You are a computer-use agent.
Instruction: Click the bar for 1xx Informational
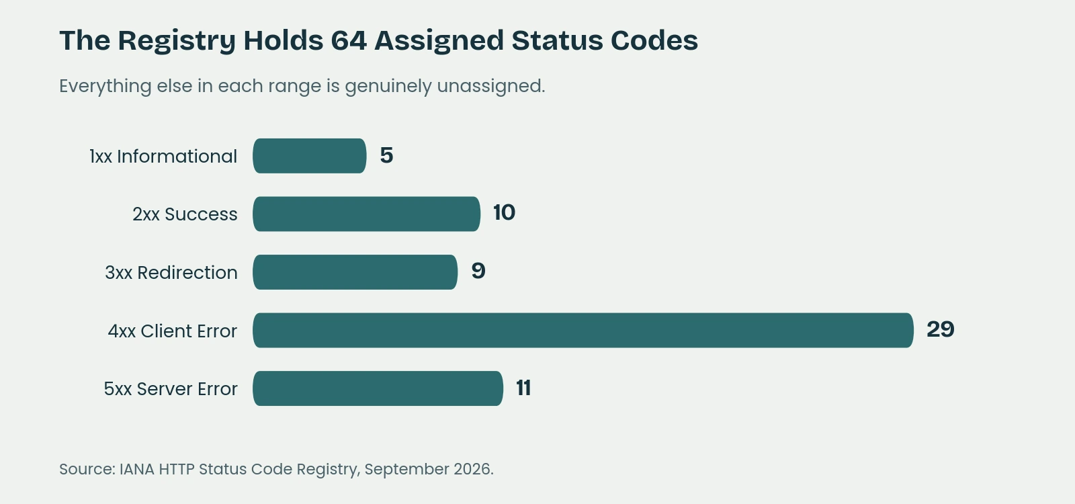click(310, 156)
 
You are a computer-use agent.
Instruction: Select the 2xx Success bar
click(367, 214)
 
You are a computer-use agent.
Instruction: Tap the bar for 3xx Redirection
click(355, 272)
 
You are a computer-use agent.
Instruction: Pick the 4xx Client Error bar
click(583, 330)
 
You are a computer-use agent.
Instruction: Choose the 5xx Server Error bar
click(378, 388)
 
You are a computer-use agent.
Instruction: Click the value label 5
click(386, 155)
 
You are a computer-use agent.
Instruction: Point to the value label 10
click(504, 212)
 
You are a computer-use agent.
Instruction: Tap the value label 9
click(478, 271)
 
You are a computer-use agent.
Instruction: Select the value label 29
click(940, 329)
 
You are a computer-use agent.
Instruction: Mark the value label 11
click(523, 388)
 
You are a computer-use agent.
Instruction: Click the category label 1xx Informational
click(163, 157)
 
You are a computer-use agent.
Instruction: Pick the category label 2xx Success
click(185, 214)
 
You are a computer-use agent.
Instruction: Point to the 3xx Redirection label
click(171, 273)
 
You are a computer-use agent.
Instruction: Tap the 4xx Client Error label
click(172, 331)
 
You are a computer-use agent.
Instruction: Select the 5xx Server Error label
click(171, 389)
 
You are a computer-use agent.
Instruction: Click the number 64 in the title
click(349, 40)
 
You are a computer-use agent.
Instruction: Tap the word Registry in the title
click(177, 41)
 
